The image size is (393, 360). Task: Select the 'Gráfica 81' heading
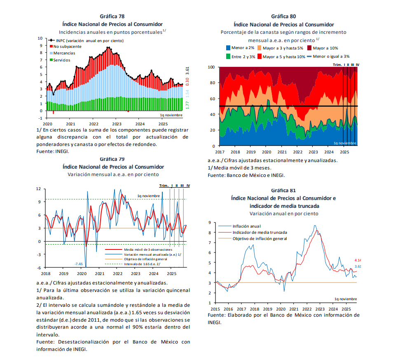pos(283,191)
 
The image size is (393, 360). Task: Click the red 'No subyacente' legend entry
pos(67,47)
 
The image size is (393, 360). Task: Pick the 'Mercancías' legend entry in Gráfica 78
pos(64,53)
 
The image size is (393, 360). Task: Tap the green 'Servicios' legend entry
pos(62,60)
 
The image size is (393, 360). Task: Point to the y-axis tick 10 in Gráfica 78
pos(40,38)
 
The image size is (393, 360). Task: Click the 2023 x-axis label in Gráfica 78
pos(117,124)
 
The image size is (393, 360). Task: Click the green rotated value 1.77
pos(187,105)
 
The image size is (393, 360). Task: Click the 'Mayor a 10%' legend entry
pos(325,48)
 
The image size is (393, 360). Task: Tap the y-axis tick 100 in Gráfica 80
pos(211,67)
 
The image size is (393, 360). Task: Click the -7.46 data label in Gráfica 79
pos(78,264)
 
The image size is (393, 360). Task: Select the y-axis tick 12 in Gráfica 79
pos(38,189)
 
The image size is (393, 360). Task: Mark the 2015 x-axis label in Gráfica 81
pos(215,309)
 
